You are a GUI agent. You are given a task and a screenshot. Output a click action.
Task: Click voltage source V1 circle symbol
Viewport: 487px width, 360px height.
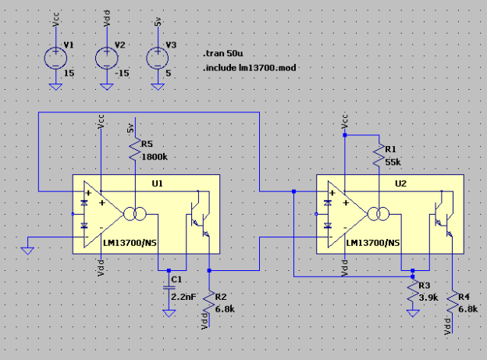[55, 58]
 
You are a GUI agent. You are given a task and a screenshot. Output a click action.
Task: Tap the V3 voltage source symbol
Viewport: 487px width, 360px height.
[159, 58]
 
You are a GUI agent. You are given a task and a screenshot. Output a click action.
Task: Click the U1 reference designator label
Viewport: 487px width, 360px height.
[157, 184]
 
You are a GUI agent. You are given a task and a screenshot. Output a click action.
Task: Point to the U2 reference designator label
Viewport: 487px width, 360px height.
[401, 184]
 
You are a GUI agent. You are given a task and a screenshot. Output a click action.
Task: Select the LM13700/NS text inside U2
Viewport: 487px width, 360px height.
[373, 243]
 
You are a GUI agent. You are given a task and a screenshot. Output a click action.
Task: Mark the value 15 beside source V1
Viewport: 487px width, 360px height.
[69, 72]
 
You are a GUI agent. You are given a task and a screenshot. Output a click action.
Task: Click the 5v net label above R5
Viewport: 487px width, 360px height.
[131, 126]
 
